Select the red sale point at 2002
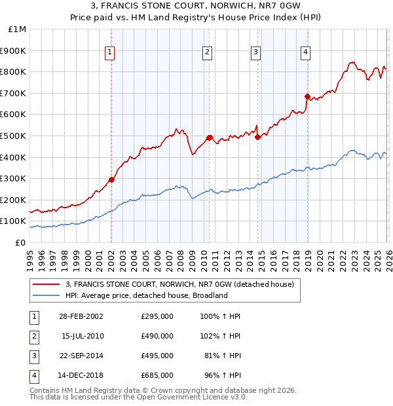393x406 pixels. (x=111, y=179)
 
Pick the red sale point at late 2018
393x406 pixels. (x=307, y=96)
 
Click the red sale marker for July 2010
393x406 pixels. (x=209, y=138)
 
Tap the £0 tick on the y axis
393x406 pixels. (x=20, y=242)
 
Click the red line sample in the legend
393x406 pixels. (x=46, y=284)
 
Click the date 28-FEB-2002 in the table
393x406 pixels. (x=81, y=316)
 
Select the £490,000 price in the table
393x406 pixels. (x=157, y=336)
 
